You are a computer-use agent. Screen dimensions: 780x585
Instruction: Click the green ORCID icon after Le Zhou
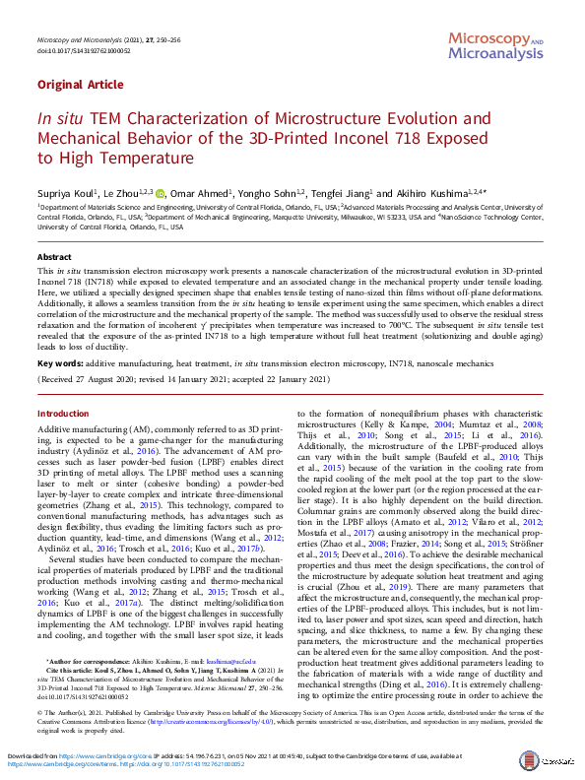(x=159, y=193)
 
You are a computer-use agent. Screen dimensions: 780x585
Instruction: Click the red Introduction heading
(x=62, y=414)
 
